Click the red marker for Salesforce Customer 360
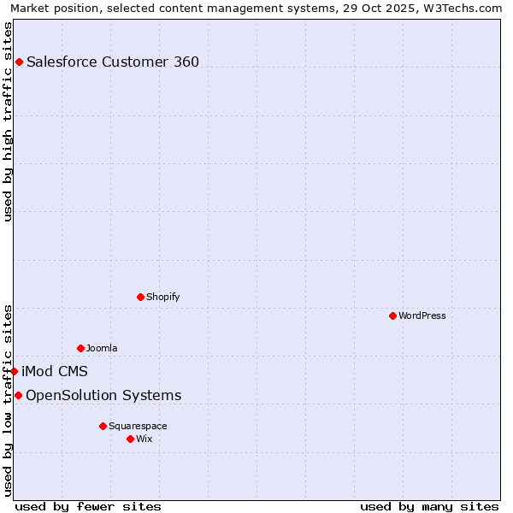(x=19, y=62)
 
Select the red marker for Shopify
(x=140, y=297)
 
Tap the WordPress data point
(x=392, y=315)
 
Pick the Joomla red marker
(x=80, y=348)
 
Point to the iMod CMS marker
(x=15, y=371)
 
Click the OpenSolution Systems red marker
(x=18, y=395)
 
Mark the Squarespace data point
(x=103, y=426)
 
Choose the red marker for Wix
(x=130, y=439)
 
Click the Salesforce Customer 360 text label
(x=113, y=62)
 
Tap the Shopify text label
(x=162, y=297)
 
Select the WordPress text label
(x=422, y=315)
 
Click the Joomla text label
(x=102, y=348)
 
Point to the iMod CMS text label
(x=55, y=371)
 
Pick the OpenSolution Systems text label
(x=103, y=395)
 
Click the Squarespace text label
(x=138, y=426)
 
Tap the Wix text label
(x=144, y=439)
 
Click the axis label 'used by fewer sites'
(x=88, y=506)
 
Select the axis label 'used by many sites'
(x=429, y=506)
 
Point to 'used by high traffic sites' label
(x=8, y=121)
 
